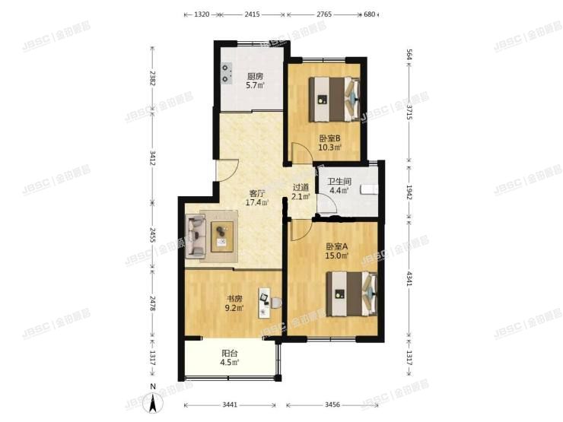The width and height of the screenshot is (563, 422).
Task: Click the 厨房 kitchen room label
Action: (255, 76)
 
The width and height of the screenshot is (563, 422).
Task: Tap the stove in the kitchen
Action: (226, 70)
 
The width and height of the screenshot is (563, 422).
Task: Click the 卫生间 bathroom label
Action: (339, 182)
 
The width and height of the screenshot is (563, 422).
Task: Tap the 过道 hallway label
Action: (301, 187)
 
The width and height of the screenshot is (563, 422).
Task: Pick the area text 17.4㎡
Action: (255, 203)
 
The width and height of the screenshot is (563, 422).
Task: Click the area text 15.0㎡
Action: (337, 255)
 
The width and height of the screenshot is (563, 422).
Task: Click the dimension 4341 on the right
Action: (409, 278)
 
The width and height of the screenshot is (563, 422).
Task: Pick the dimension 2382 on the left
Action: (153, 78)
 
